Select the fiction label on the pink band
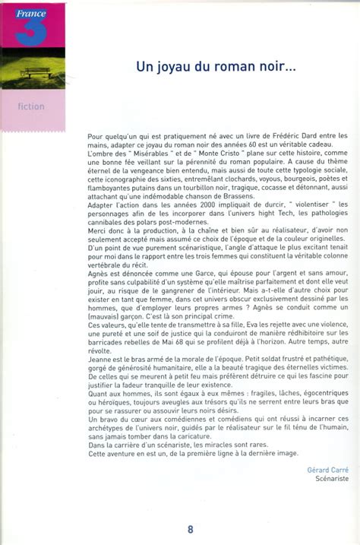point(31,107)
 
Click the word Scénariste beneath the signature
point(330,480)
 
